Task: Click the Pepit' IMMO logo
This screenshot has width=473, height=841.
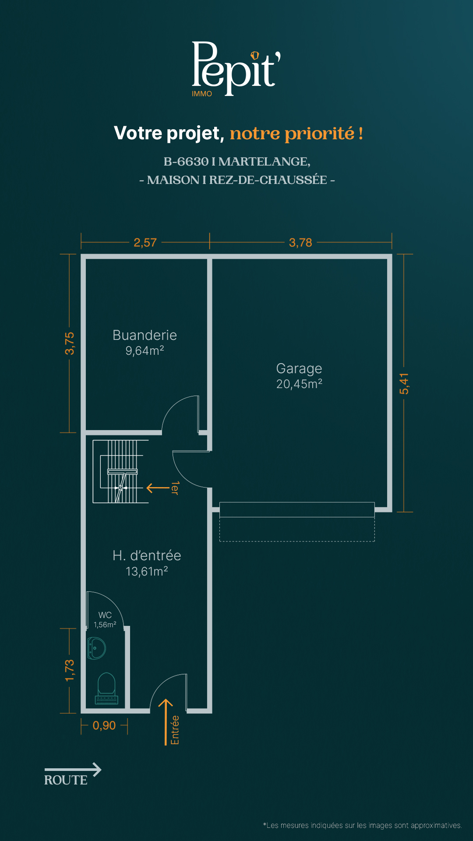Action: coord(236,69)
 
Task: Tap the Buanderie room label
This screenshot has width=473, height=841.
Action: coord(145,335)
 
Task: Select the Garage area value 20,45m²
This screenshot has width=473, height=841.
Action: coord(299,384)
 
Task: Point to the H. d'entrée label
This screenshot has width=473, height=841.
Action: coord(147,555)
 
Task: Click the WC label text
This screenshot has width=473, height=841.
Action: coord(105,615)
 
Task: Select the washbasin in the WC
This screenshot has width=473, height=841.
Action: coord(97,648)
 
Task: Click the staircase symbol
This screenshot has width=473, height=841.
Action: coord(121,471)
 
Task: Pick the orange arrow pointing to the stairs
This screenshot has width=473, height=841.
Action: coord(158,488)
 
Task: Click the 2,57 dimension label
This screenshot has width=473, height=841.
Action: coord(145,242)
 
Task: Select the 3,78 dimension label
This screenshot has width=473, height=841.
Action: coord(300,242)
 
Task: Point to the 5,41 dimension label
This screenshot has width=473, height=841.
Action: coord(404,383)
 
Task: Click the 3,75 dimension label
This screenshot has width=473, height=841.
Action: coord(70,343)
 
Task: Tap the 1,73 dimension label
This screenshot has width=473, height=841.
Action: coord(70,671)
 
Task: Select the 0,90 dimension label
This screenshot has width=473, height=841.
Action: coord(104,725)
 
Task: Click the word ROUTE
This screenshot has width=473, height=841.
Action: coord(66,780)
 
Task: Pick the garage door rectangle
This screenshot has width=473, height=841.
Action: coord(297,509)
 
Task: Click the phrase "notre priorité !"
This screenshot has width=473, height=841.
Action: coord(297,134)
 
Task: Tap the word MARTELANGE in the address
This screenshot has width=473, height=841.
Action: coord(264,162)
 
